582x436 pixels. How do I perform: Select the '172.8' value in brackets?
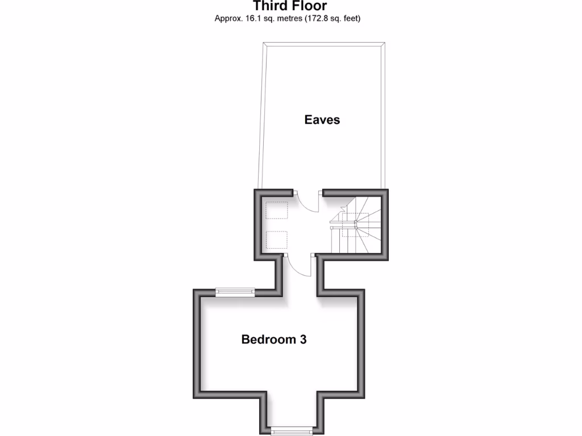point(315,18)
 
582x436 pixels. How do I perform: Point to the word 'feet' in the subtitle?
point(350,18)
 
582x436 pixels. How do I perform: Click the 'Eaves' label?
point(322,120)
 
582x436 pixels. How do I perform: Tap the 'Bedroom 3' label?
point(274,339)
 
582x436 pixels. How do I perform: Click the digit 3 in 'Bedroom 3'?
point(304,339)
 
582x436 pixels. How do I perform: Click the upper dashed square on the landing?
point(277,211)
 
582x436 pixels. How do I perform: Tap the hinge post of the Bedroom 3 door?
point(285,257)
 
